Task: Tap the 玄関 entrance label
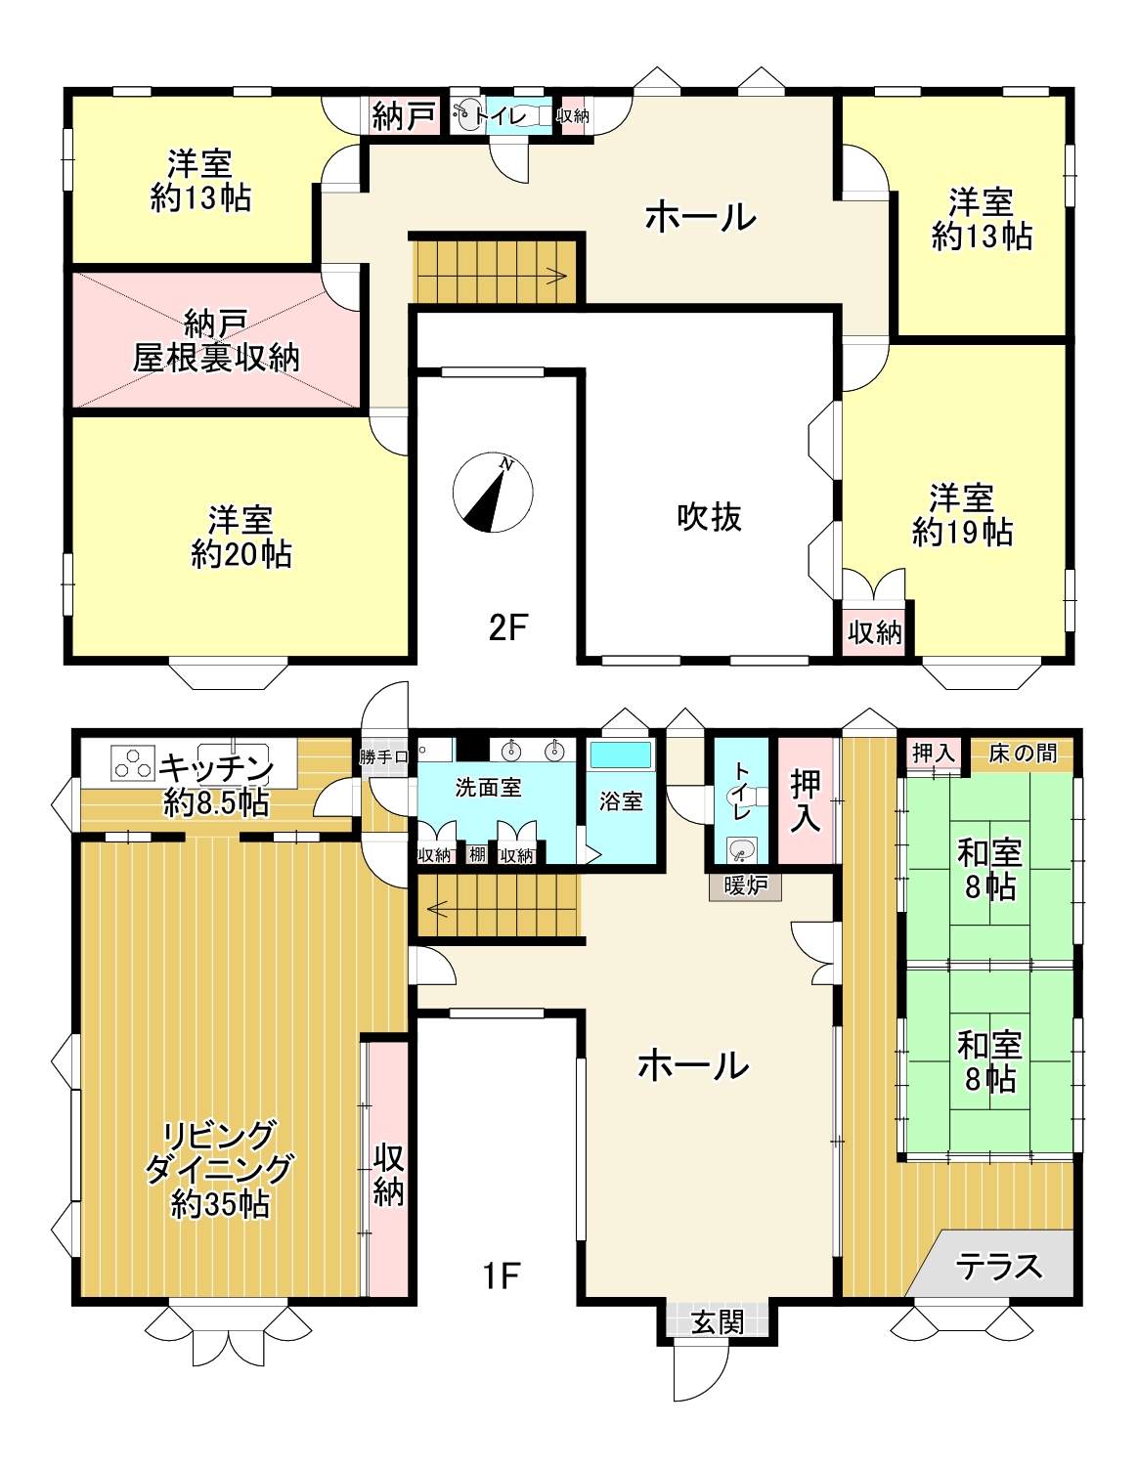(x=717, y=1322)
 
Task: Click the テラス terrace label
(x=998, y=1266)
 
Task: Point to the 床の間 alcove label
(x=1023, y=754)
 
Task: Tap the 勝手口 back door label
(x=383, y=757)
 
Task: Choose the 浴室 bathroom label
(x=620, y=801)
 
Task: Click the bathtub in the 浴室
(x=620, y=755)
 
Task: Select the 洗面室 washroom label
(x=488, y=788)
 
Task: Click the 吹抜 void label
(x=710, y=517)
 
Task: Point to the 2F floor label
(x=506, y=627)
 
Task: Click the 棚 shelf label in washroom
(x=477, y=854)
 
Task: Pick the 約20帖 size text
(x=241, y=554)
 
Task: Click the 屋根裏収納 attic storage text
(x=215, y=357)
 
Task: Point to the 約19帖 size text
(x=962, y=533)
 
